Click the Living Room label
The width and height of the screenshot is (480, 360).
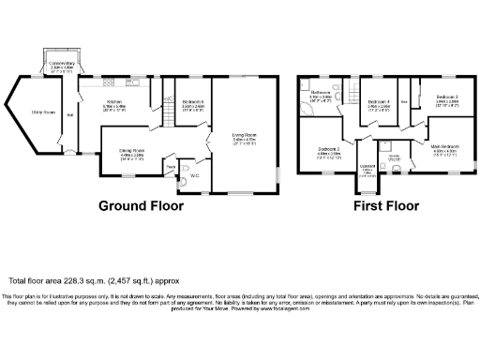pos(245,137)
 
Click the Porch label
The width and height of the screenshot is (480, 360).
pos(171,167)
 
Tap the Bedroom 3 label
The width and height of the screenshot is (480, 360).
pos(445,97)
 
